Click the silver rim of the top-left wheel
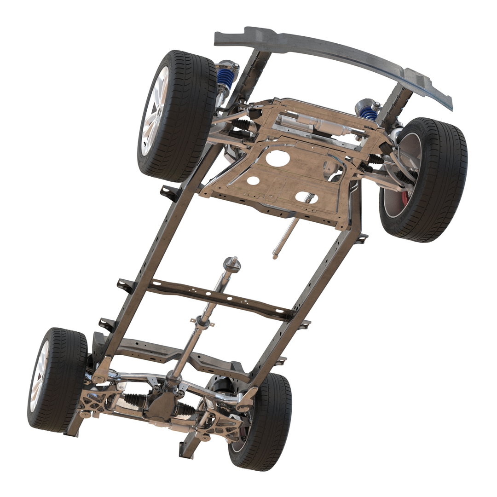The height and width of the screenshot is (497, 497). click(153, 115)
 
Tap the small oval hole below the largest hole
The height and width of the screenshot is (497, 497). click(253, 181)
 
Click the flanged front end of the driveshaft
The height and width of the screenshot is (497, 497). click(231, 264)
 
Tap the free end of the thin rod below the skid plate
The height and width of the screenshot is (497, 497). click(275, 256)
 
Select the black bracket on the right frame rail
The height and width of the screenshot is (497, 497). click(362, 238)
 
